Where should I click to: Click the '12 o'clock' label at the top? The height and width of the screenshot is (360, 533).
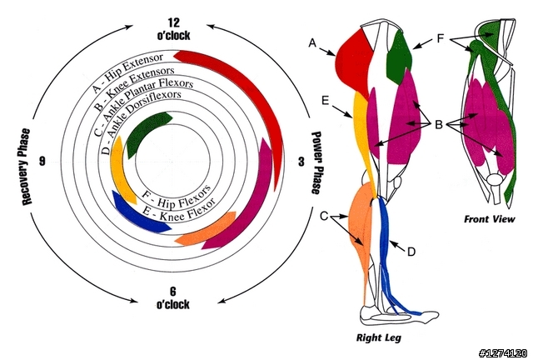pyautogui.click(x=173, y=29)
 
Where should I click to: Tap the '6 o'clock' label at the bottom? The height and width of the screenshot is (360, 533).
pyautogui.click(x=173, y=297)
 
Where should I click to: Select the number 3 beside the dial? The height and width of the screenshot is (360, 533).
pyautogui.click(x=301, y=162)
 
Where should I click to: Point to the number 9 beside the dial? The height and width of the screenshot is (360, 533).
pyautogui.click(x=42, y=161)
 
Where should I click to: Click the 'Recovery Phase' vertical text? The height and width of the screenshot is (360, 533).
pyautogui.click(x=26, y=167)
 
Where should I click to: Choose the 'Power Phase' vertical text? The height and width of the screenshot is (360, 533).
pyautogui.click(x=316, y=163)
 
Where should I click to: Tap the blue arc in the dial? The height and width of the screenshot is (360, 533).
pyautogui.click(x=136, y=216)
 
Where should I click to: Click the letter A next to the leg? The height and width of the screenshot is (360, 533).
pyautogui.click(x=313, y=42)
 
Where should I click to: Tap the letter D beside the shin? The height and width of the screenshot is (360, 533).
pyautogui.click(x=411, y=252)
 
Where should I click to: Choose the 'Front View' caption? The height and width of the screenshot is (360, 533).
pyautogui.click(x=490, y=219)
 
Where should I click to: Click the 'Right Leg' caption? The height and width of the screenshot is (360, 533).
pyautogui.click(x=379, y=337)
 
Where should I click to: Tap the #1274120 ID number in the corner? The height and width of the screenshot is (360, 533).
pyautogui.click(x=503, y=353)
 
